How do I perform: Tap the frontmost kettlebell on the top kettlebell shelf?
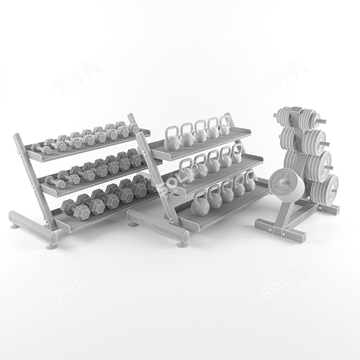172,141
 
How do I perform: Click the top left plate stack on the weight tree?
285,116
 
